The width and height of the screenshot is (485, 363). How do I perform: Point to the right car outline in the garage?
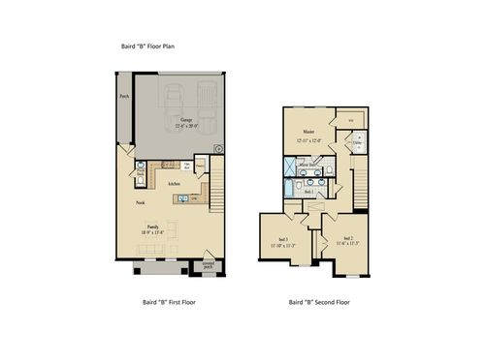tap(206, 98)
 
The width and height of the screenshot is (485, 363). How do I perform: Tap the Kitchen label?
tap(175, 183)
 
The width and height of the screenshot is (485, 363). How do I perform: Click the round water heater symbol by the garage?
tap(218, 149)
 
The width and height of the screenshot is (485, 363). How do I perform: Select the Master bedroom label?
tap(308, 132)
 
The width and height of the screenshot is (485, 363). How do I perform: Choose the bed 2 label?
tap(347, 237)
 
